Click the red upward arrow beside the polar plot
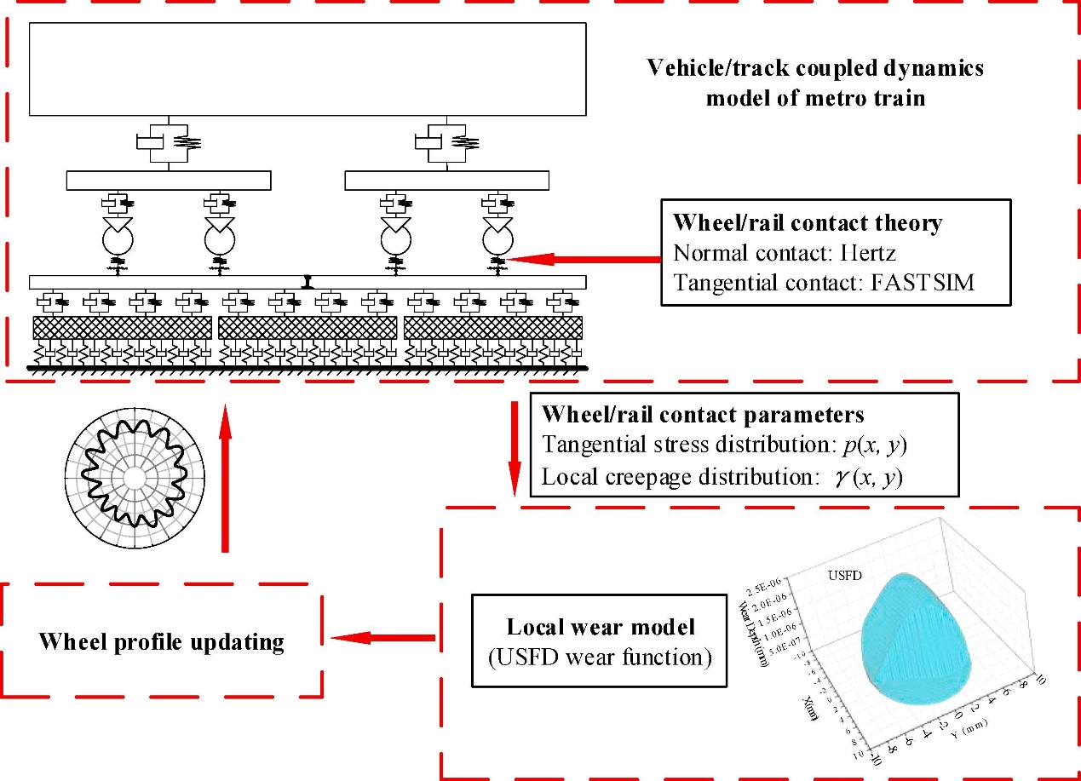pyautogui.click(x=225, y=477)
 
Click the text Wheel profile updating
pyautogui.click(x=161, y=641)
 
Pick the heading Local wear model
pyautogui.click(x=601, y=627)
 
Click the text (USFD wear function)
pyautogui.click(x=601, y=657)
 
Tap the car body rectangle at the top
pyautogui.click(x=308, y=68)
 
